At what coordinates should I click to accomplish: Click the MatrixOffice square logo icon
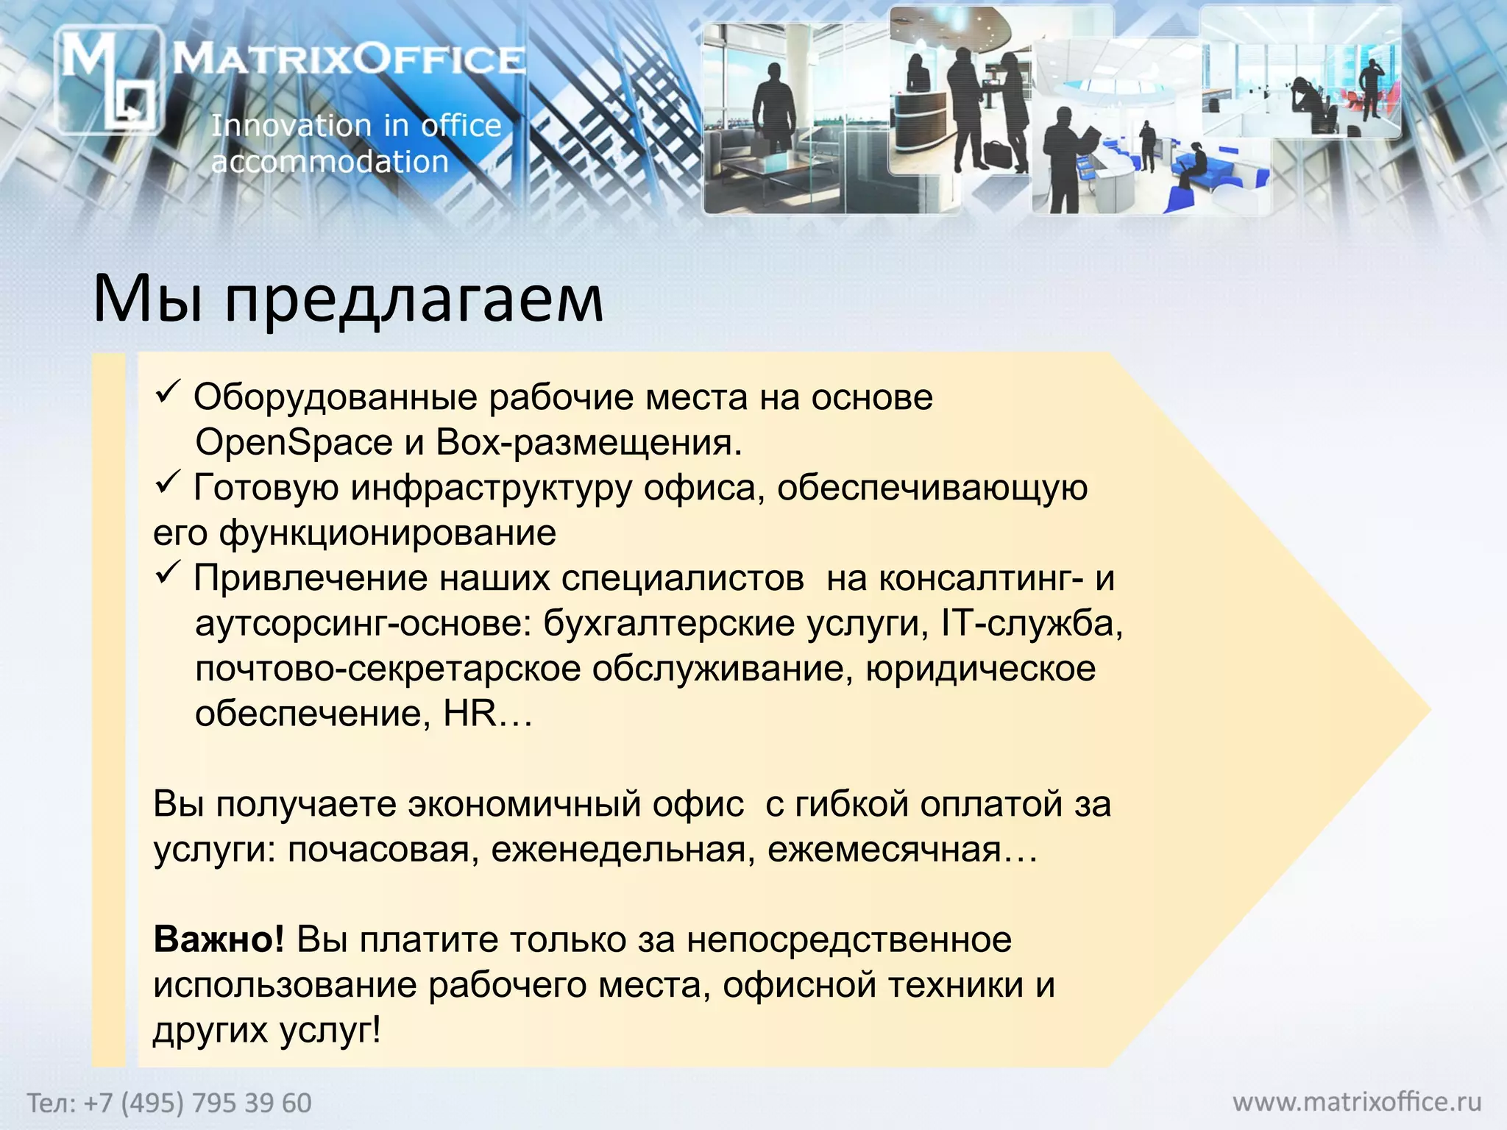click(108, 80)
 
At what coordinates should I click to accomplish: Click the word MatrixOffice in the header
click(350, 59)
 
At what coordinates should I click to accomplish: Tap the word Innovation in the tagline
click(291, 126)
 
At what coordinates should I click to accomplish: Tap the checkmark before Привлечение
click(166, 573)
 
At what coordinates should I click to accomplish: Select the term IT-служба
click(1031, 624)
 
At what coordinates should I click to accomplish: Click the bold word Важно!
click(219, 940)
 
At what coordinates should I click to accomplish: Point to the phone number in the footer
click(169, 1103)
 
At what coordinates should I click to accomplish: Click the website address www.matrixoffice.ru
click(1357, 1102)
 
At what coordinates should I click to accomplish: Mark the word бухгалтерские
click(669, 624)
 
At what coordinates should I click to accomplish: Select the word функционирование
click(387, 533)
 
